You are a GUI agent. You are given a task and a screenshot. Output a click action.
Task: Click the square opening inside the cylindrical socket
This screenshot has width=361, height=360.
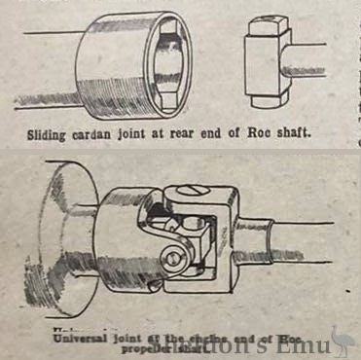[166, 64]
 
